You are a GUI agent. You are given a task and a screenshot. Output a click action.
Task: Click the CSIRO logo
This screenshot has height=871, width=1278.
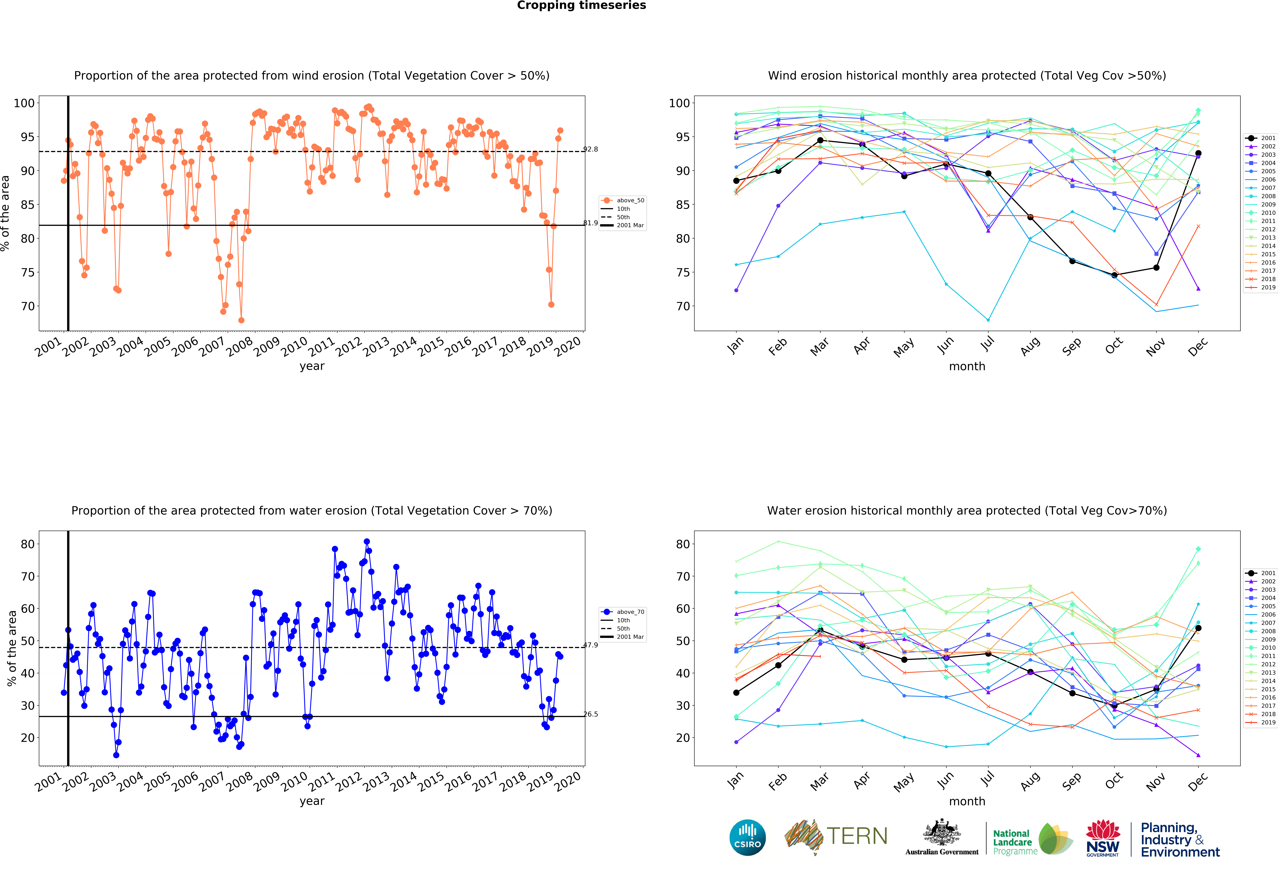[x=747, y=837]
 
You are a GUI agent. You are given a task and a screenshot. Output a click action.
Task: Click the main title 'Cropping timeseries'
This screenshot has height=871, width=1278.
[x=581, y=5]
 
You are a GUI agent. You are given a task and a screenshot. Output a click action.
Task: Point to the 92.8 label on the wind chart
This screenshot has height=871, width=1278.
[x=591, y=149]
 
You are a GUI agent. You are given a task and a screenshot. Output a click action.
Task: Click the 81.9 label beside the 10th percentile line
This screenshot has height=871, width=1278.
[x=591, y=223]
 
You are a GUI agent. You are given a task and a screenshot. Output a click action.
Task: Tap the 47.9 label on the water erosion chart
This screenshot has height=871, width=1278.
[x=591, y=645]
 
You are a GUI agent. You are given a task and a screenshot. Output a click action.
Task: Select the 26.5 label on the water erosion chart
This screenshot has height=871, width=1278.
[x=591, y=714]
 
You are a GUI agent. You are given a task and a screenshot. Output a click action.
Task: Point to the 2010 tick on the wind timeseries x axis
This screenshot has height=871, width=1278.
[x=295, y=346]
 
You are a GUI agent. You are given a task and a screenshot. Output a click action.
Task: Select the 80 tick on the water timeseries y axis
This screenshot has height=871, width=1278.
[x=28, y=544]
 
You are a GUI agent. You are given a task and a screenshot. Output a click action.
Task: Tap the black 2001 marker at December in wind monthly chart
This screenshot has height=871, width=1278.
[x=1198, y=153]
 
